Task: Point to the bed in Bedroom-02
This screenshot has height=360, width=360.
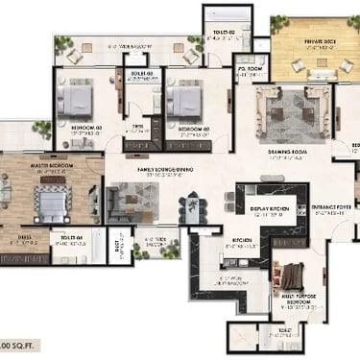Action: pos(185,100)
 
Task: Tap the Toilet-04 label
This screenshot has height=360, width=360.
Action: pos(73,236)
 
